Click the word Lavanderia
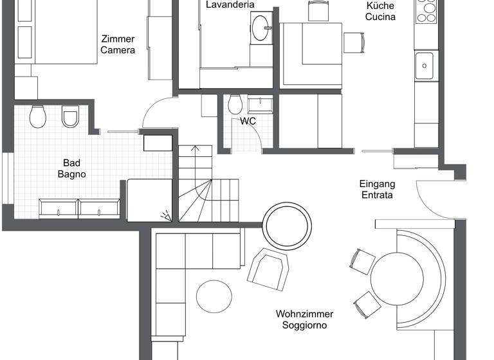pos(230,5)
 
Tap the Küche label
pos(380,5)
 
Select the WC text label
pos(249,120)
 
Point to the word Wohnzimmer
pos(304,314)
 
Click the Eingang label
pos(377,184)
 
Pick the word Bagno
pos(71,174)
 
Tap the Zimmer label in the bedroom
pos(118,39)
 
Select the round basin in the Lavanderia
pos(262,28)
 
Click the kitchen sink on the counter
pos(424,66)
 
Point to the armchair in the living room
pos(268,267)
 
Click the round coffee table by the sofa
pos(214,296)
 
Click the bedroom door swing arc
pos(156,111)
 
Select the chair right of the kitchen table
pos(354,42)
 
